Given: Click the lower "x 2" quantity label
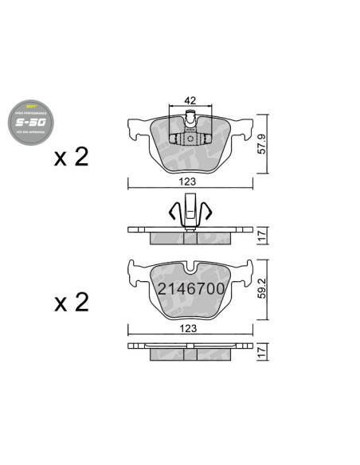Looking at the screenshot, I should point(71,303).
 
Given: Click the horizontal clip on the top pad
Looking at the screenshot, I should point(191,140).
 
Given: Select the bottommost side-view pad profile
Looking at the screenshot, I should point(191,351).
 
